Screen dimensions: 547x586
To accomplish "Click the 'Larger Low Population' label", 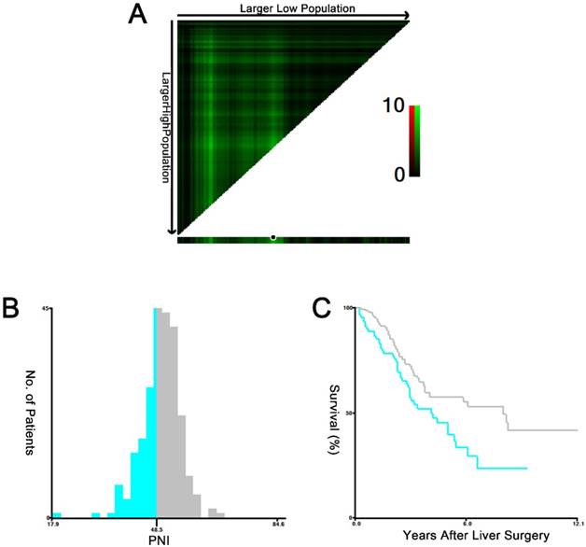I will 292,8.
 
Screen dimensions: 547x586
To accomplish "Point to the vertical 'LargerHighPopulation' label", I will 167,128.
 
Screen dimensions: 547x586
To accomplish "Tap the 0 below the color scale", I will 398,175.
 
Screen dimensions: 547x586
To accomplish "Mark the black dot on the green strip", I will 272,237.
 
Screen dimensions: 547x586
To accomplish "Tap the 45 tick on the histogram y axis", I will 45,309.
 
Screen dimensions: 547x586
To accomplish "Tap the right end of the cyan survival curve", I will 527,468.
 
